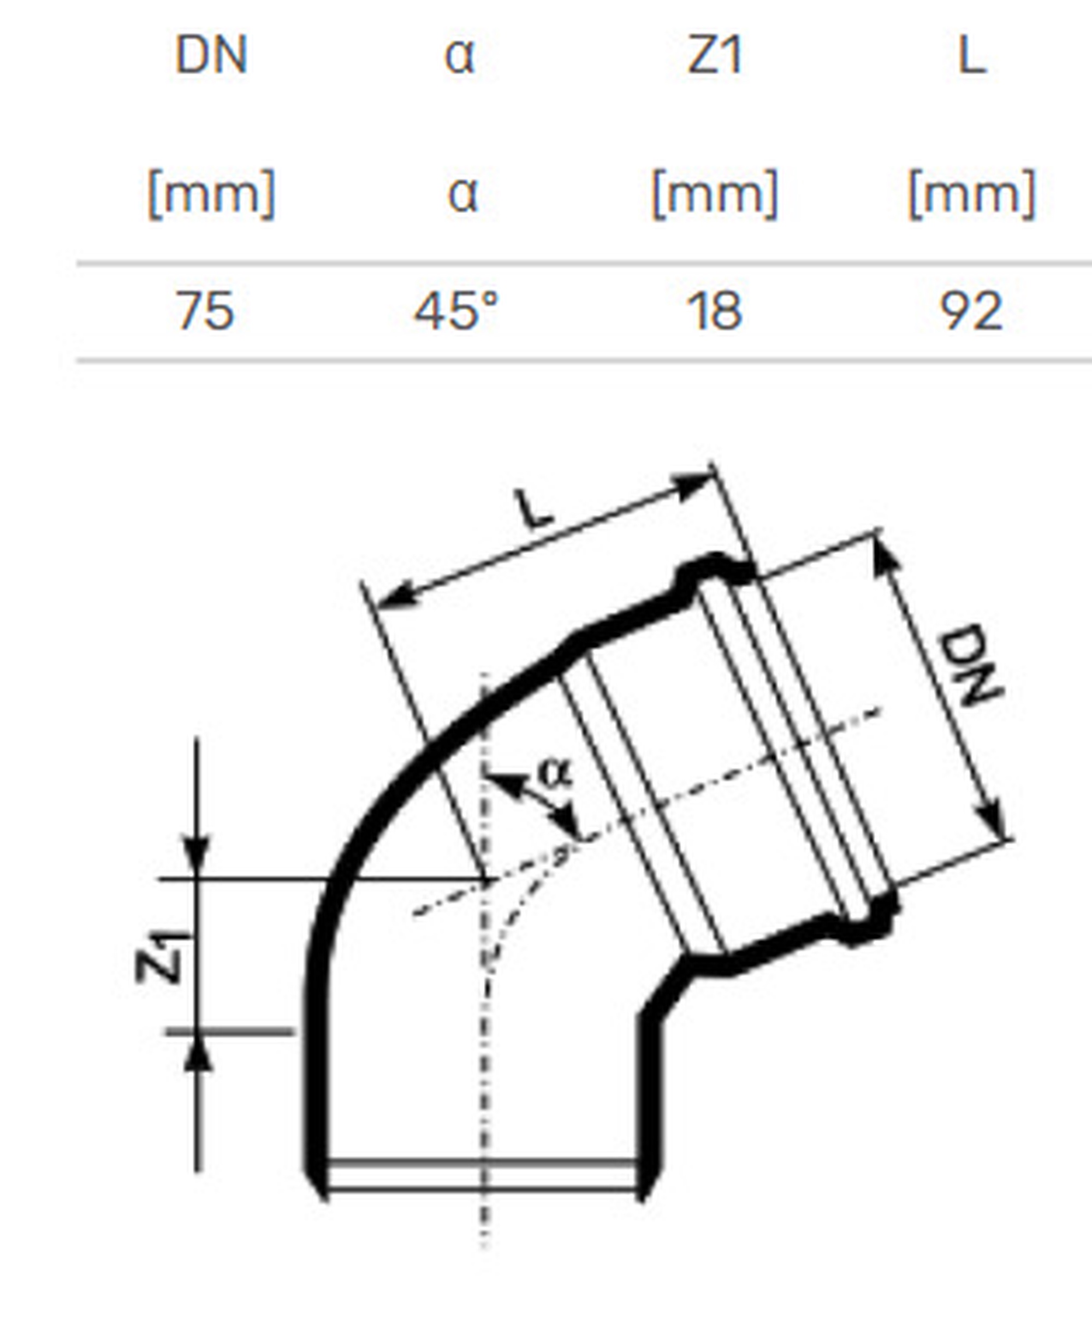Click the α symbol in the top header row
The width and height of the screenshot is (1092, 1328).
coord(460,57)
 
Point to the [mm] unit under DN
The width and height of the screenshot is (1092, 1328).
coord(211,194)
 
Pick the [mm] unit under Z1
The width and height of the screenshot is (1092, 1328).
coord(715,194)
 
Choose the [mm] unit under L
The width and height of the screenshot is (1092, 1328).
coord(972,194)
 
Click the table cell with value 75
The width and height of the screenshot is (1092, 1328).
coord(205,311)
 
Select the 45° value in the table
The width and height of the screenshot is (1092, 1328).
coord(456,311)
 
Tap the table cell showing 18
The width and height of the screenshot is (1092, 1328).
coord(715,311)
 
